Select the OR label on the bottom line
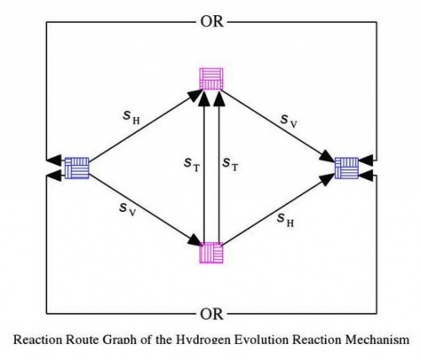(212, 315)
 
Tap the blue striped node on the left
(77, 168)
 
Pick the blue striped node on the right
(346, 168)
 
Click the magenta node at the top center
(211, 79)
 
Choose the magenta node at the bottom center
(211, 254)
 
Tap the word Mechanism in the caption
(379, 341)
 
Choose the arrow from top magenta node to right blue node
(278, 124)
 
